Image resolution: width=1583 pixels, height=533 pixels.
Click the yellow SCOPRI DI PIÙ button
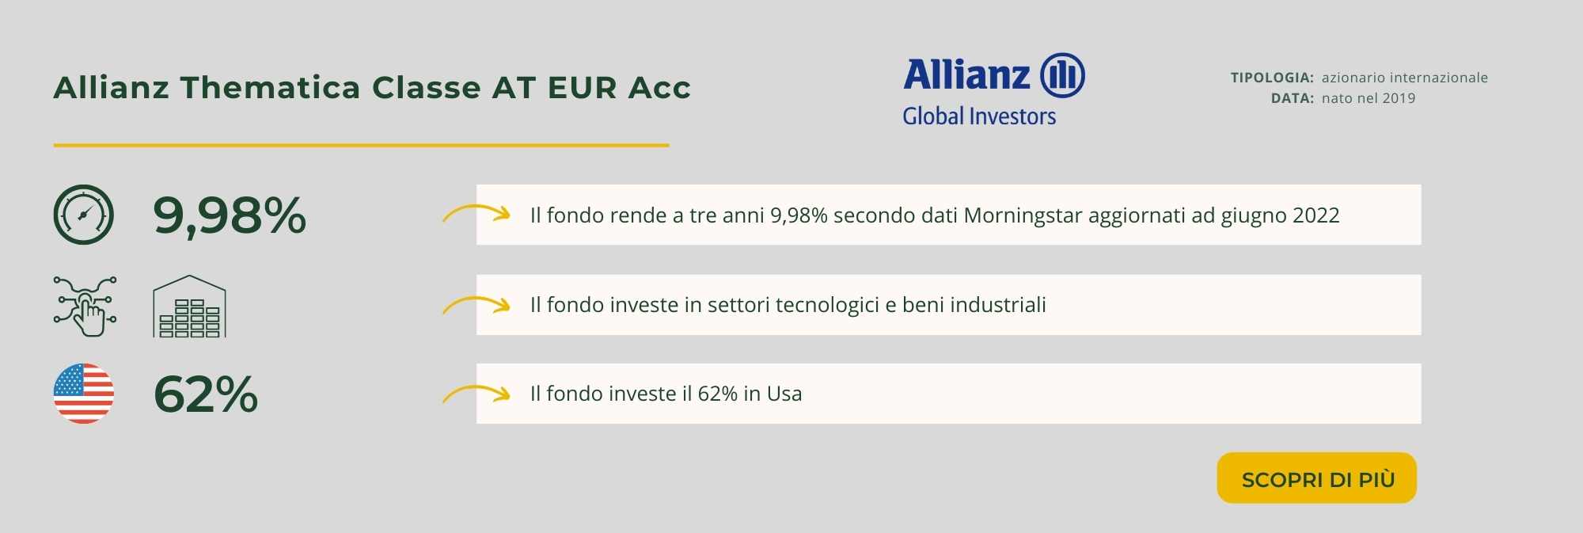coord(1316,478)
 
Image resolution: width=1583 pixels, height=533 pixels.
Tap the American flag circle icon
coord(84,394)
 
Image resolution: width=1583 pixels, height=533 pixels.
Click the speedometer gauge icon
coord(84,215)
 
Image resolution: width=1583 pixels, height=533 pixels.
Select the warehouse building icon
coord(189,306)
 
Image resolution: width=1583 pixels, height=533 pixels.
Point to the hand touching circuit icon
coord(85,306)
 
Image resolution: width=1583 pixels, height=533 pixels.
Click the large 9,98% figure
coord(230,215)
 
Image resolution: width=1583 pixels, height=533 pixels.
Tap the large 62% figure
coord(206,394)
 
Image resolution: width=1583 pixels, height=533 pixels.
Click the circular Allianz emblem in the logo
coord(1062,76)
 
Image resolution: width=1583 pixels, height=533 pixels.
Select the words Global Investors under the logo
coord(979,116)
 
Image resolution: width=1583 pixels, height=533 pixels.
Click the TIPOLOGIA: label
coord(1272,78)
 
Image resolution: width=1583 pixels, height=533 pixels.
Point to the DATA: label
coord(1293,98)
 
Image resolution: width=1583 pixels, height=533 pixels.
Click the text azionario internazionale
coord(1405,78)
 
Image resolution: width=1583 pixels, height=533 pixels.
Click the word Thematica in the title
coord(271,87)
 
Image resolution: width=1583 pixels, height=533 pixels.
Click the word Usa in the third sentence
coord(784,394)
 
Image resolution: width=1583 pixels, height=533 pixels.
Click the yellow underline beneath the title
coord(361,145)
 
